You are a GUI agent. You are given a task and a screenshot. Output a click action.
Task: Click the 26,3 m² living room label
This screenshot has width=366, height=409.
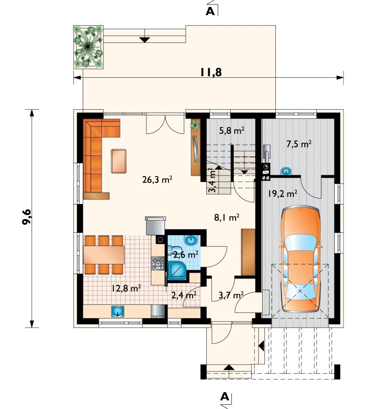(157, 180)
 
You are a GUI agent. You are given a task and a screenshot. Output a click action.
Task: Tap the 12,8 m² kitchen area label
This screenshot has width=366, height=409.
(126, 288)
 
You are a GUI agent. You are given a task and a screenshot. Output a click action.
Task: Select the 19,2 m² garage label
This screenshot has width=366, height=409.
(283, 194)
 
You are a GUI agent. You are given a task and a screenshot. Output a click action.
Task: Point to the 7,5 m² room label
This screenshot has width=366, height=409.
(299, 144)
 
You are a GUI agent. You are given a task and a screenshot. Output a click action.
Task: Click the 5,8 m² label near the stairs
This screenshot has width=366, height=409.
(231, 130)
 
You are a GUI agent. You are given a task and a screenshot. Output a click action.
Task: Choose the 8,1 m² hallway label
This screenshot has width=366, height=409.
(227, 217)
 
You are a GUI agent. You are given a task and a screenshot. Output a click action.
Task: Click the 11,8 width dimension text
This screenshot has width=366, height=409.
(211, 72)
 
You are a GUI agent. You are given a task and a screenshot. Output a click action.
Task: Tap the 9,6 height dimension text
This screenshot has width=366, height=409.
(27, 216)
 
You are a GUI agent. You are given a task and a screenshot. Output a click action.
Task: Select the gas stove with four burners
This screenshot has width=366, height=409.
(158, 263)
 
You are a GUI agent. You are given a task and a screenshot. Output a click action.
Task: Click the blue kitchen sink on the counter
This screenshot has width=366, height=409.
(118, 311)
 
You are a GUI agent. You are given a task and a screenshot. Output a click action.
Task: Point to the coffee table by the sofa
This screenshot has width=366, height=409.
(118, 161)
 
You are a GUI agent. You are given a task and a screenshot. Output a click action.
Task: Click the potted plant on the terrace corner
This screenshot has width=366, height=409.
(88, 47)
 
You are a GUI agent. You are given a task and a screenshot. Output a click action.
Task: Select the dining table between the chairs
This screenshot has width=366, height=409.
(103, 254)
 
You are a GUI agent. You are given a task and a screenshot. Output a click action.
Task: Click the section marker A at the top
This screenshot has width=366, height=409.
(210, 11)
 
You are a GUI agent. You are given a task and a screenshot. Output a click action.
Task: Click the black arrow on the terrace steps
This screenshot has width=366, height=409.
(145, 40)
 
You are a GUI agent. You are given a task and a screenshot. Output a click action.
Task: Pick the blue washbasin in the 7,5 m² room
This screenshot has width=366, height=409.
(286, 171)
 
